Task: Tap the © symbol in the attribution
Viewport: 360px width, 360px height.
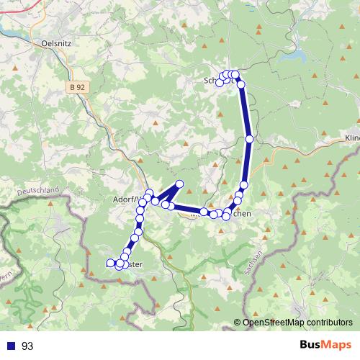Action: [238, 323]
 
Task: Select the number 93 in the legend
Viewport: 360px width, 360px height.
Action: [27, 346]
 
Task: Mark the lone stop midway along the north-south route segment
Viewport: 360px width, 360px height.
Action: [249, 139]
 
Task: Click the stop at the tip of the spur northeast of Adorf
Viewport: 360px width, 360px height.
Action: [179, 184]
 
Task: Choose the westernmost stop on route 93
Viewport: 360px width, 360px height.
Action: [110, 264]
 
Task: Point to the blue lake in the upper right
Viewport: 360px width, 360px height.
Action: [294, 58]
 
